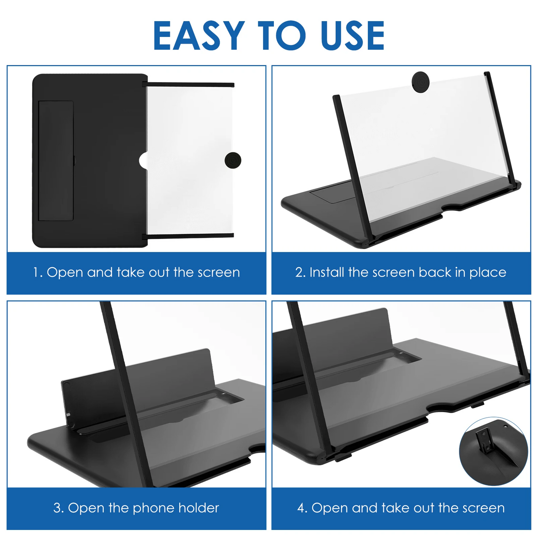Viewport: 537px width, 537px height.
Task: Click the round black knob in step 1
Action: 233,160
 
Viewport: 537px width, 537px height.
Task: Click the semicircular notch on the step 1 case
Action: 143,161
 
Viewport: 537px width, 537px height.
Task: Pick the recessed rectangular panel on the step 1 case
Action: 56,161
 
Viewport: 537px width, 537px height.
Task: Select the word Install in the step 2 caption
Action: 327,272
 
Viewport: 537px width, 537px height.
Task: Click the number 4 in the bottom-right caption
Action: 301,508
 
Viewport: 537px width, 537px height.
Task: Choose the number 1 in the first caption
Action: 36,272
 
